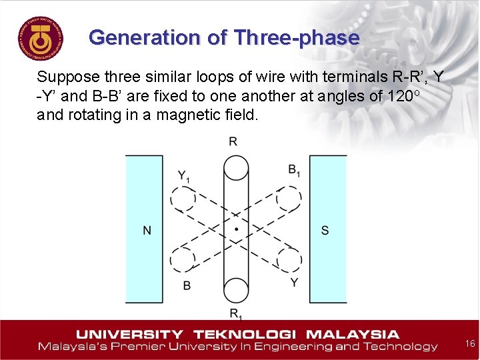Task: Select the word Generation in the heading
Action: (145, 37)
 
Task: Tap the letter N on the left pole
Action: (147, 231)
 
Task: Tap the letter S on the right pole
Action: (325, 231)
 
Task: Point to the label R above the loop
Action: (233, 141)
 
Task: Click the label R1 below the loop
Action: (235, 313)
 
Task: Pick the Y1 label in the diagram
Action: (184, 176)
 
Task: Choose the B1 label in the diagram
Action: (294, 170)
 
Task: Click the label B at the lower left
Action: (187, 285)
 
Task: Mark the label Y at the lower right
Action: (294, 283)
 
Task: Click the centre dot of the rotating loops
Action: (235, 229)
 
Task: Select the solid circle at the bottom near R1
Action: (236, 291)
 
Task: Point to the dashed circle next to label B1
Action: (289, 198)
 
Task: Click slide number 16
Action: (469, 343)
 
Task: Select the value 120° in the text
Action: (406, 95)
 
